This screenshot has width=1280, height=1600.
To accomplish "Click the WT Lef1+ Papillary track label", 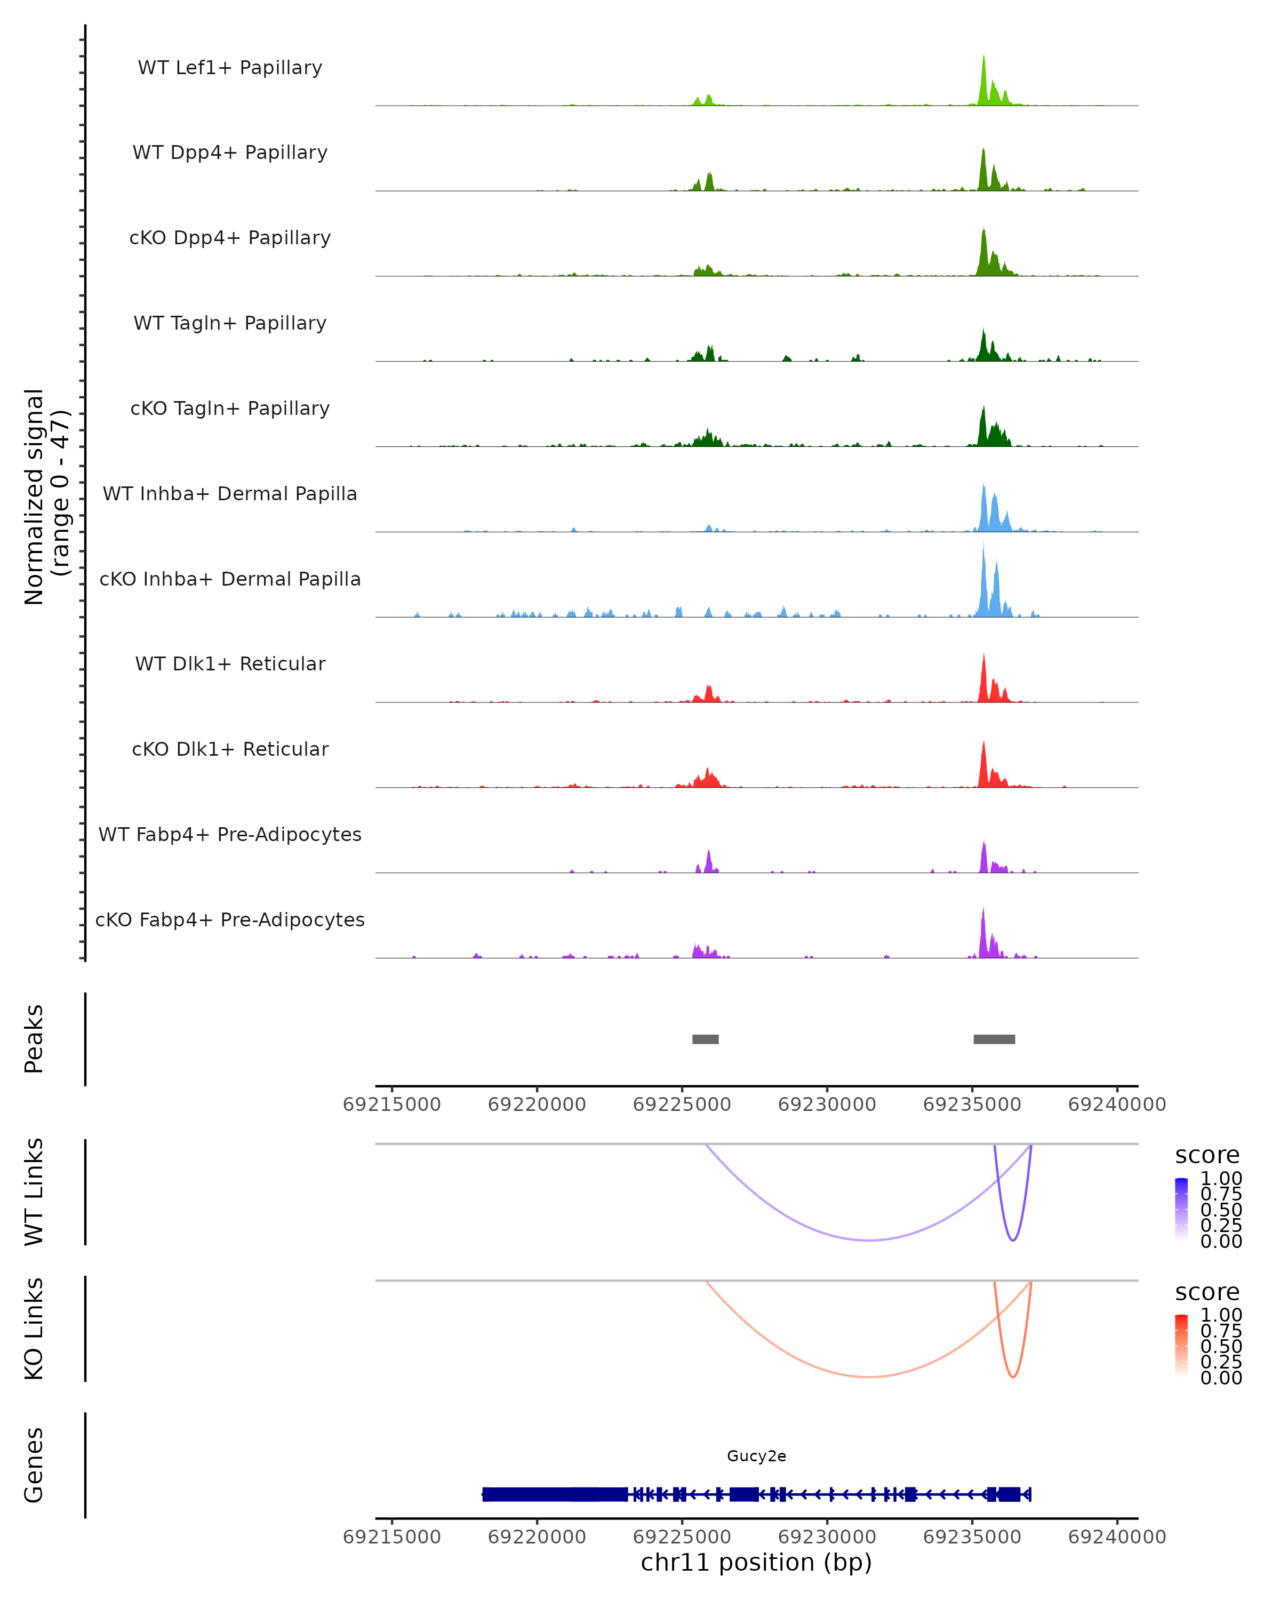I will [230, 68].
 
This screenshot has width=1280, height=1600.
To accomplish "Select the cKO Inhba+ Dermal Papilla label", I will [230, 579].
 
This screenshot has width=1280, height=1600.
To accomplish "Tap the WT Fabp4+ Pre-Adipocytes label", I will [230, 834].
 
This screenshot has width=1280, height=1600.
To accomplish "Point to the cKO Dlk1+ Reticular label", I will [230, 749].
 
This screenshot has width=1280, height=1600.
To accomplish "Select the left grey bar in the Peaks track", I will [705, 1039].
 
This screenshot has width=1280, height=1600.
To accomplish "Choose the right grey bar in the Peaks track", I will [994, 1039].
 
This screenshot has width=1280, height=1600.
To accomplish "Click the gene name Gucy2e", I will [756, 1456].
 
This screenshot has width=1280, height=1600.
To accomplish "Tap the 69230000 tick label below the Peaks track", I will [827, 1105].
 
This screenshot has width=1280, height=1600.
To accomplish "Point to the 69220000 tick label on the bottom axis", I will [537, 1537].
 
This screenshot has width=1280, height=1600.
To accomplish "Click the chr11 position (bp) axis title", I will [756, 1563].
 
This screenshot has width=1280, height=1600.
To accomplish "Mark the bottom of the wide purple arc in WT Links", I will [868, 1240].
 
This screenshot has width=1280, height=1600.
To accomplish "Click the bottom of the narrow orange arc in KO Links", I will [1013, 1377].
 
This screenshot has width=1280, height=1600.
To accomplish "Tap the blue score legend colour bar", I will [1181, 1210].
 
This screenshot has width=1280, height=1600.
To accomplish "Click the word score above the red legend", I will [1207, 1292].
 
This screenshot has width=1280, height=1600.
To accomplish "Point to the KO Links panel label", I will [34, 1329].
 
